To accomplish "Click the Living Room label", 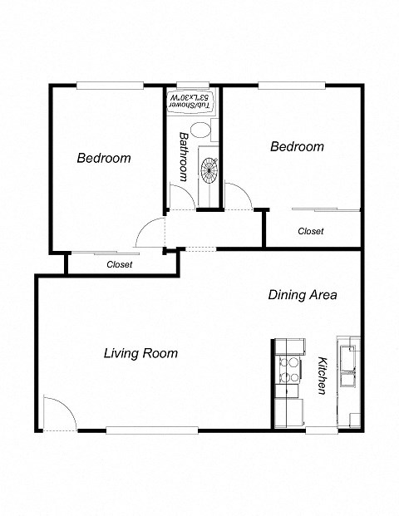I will [140, 353].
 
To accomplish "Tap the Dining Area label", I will [302, 295].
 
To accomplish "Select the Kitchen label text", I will [322, 375].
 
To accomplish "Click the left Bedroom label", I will [104, 158].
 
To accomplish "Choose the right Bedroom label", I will [297, 146].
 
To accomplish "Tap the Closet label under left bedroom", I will [120, 264].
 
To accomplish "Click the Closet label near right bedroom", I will [310, 231].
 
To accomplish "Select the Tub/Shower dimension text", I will [192, 103].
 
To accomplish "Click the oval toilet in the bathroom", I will [200, 130].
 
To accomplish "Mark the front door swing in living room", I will [56, 412].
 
